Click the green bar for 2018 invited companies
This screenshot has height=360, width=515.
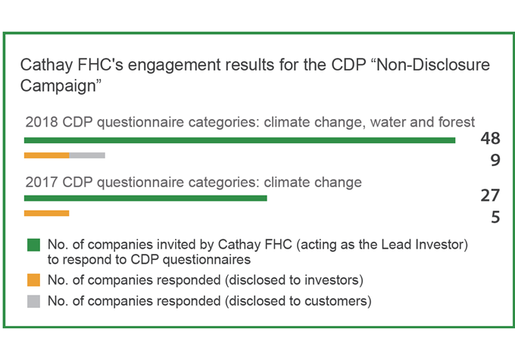[240, 140]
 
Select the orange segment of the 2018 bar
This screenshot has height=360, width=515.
[47, 155]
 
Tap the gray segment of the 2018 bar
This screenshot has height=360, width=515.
[87, 155]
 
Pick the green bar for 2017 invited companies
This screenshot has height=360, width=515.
[145, 198]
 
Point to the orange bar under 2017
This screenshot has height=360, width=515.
[47, 214]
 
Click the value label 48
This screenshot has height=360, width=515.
[490, 138]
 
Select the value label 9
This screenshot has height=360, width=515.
[495, 160]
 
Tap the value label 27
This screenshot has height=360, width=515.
[490, 196]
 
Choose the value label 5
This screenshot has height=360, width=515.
[495, 218]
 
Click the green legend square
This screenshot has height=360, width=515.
[33, 245]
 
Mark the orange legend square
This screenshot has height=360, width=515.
[33, 280]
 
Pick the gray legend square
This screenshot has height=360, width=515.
[33, 301]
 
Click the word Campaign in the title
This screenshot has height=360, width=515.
[58, 86]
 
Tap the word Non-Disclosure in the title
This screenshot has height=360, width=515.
[433, 64]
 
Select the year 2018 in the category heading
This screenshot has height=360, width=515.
[42, 122]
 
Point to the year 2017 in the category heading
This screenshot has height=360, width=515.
[42, 182]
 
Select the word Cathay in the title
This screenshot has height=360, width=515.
[46, 64]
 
